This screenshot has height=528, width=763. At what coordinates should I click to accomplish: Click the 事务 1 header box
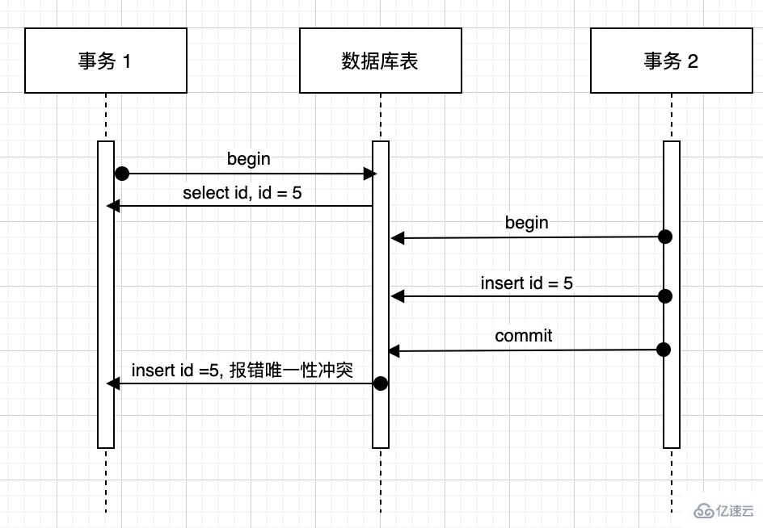point(105,61)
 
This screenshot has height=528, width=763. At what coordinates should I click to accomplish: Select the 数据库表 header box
point(380,61)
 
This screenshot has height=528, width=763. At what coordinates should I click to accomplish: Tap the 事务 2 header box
point(671,61)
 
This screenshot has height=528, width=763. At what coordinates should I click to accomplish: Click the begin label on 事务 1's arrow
point(248,159)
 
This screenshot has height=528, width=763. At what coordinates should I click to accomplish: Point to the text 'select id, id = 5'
point(242,193)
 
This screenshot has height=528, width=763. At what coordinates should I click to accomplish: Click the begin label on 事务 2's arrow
point(526,222)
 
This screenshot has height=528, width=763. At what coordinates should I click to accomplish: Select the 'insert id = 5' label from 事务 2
point(527,283)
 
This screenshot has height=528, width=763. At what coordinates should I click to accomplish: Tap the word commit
point(524,336)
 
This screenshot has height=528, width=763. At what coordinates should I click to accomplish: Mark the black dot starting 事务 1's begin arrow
point(122,174)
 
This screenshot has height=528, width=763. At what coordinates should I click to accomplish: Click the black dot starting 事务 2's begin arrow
point(664,237)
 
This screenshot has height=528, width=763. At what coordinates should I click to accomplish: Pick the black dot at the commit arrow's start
point(664,350)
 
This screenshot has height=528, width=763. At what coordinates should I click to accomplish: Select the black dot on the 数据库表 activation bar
point(380,383)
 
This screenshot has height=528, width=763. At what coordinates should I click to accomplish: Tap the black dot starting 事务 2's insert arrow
point(664,296)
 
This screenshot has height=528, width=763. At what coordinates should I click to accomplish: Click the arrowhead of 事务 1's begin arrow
point(370,174)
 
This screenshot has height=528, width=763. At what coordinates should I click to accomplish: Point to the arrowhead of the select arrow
point(113,207)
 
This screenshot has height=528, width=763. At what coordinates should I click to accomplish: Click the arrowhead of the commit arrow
point(394,351)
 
